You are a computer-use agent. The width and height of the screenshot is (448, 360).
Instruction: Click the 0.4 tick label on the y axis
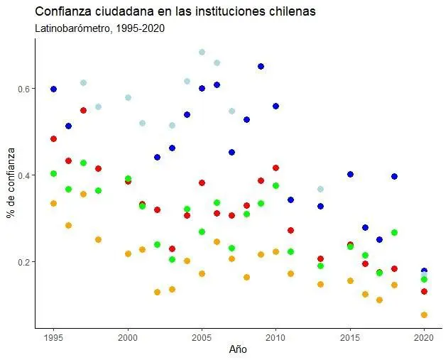coord(24,175)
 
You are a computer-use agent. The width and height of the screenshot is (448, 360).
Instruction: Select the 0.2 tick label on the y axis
coord(24,262)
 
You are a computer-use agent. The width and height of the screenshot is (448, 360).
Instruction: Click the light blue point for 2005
coord(202,52)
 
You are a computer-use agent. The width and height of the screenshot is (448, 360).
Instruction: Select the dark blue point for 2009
coord(261,66)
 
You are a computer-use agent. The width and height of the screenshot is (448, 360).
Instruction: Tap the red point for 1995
coord(53,138)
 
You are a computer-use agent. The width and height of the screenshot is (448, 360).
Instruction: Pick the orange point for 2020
coord(424,315)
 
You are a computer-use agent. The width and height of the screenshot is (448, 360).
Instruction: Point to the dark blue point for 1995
coord(53,89)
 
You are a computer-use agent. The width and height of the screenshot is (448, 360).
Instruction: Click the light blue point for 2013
coord(320,189)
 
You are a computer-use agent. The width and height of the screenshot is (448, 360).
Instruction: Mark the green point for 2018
coord(394,232)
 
